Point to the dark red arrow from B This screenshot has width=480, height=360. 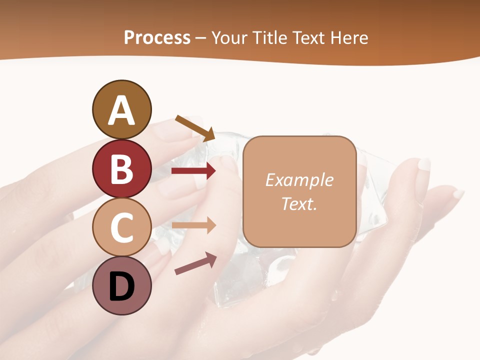point(193,171)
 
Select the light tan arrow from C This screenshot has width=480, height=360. point(193,225)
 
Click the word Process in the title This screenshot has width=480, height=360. point(157,37)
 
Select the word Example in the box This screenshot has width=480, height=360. point(299,180)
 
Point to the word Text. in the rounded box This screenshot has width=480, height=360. point(299,203)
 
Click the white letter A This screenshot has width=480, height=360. point(121,111)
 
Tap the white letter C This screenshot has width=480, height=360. point(121,228)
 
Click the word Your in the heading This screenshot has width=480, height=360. point(229,37)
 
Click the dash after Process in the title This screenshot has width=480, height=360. point(201,38)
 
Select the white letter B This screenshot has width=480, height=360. point(121,169)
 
